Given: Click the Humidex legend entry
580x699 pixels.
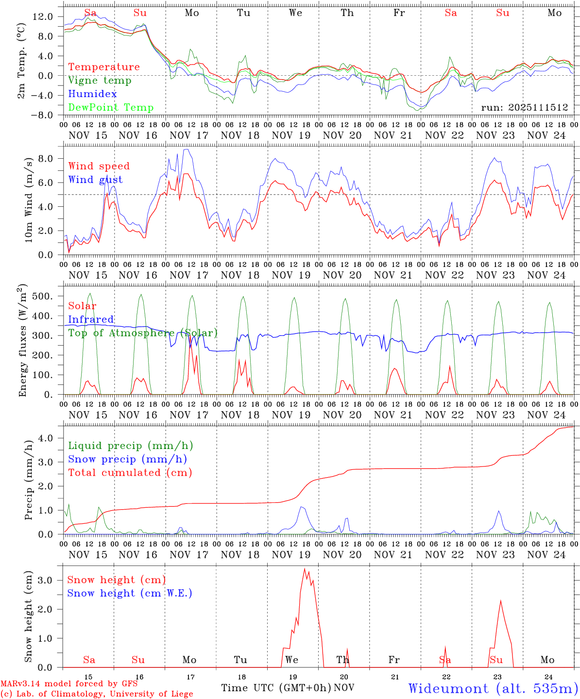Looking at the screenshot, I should pyautogui.click(x=92, y=94).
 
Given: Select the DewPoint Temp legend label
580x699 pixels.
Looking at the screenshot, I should pyautogui.click(x=111, y=108).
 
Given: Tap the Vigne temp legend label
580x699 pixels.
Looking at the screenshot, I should pyautogui.click(x=100, y=81).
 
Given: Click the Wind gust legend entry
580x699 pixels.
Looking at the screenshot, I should pyautogui.click(x=95, y=180).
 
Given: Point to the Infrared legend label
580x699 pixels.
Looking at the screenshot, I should pyautogui.click(x=91, y=319).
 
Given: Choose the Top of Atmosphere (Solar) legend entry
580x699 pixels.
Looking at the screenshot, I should pyautogui.click(x=143, y=333).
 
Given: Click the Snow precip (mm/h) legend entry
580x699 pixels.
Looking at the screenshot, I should pyautogui.click(x=127, y=459).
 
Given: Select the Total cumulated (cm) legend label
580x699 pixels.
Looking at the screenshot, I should pyautogui.click(x=130, y=473).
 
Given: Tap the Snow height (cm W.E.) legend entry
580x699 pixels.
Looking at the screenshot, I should pyautogui.click(x=129, y=593).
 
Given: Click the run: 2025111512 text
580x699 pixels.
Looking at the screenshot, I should pyautogui.click(x=525, y=108).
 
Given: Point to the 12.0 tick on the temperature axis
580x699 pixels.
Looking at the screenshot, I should pyautogui.click(x=43, y=17).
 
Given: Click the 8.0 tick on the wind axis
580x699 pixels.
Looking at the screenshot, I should pyautogui.click(x=47, y=159).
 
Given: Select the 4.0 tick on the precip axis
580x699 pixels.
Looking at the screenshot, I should pyautogui.click(x=47, y=438).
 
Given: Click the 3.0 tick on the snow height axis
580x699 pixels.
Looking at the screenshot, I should pyautogui.click(x=47, y=580).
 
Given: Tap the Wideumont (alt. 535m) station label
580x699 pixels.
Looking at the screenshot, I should pyautogui.click(x=493, y=688).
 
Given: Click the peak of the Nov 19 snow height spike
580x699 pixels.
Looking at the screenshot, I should pyautogui.click(x=305, y=569).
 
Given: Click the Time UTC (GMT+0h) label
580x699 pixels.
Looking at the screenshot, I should pyautogui.click(x=276, y=688).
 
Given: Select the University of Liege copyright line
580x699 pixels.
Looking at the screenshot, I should pyautogui.click(x=97, y=694).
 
